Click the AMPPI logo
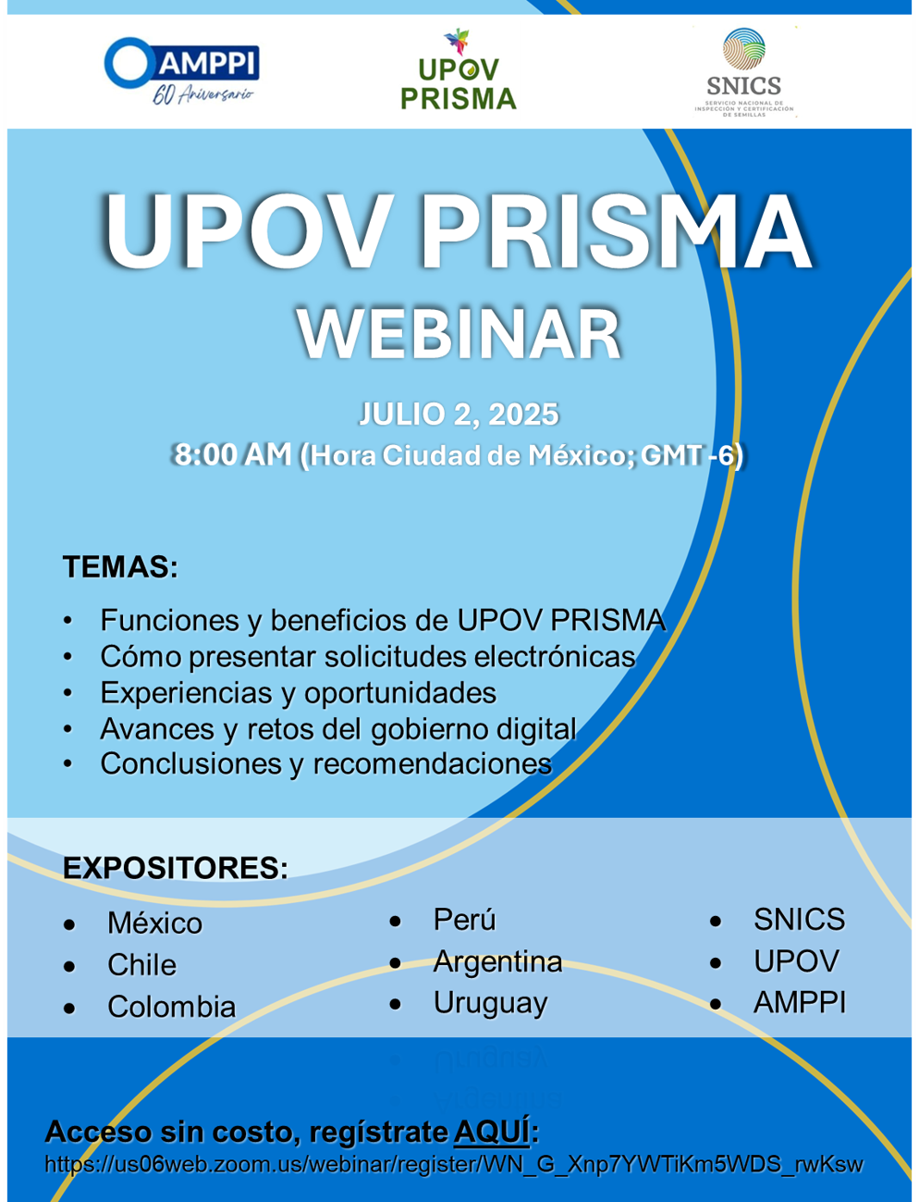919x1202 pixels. click(x=181, y=70)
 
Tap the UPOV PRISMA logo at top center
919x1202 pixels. click(x=459, y=69)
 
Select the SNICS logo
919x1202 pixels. click(x=744, y=72)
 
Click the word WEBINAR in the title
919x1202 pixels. click(x=459, y=335)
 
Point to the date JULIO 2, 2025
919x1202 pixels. click(x=459, y=414)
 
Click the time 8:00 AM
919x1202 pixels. click(x=233, y=454)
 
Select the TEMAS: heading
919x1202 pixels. click(x=120, y=567)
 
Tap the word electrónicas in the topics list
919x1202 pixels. click(x=554, y=657)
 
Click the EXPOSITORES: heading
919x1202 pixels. click(x=175, y=868)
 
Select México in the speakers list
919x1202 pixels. click(x=154, y=923)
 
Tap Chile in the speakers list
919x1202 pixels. click(x=141, y=964)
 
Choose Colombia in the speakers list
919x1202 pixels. click(x=171, y=1007)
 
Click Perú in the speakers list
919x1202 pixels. click(x=464, y=919)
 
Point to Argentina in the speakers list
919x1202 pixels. click(x=497, y=961)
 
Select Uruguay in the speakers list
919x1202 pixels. click(x=490, y=1004)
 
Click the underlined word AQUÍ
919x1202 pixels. click(x=492, y=1132)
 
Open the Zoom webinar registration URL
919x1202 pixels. click(x=454, y=1165)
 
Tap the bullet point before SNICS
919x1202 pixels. click(x=715, y=922)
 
